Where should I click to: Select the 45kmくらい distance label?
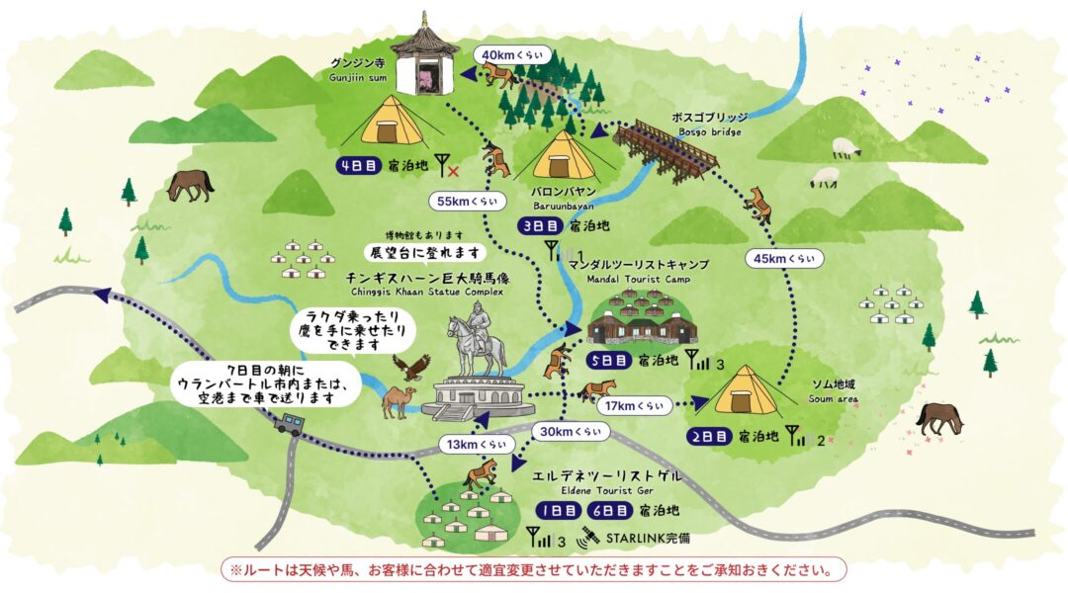[x=785, y=259]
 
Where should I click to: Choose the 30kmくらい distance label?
[x=571, y=431]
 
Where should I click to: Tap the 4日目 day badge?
[x=357, y=165]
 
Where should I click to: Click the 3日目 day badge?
[x=540, y=226]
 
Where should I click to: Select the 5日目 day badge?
[x=608, y=361]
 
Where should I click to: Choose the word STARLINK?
[x=634, y=540]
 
